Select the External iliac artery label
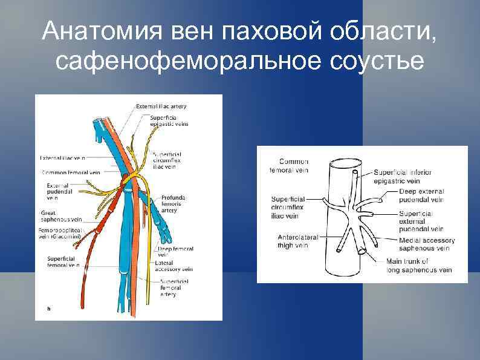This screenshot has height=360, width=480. tap(161, 106)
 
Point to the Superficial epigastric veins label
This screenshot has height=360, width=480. tap(169, 121)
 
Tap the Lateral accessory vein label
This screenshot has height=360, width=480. tap(174, 266)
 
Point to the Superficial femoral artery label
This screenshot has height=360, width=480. tap(175, 288)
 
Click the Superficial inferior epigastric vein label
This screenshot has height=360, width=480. tap(403, 176)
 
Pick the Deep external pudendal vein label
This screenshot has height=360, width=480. tap(421, 195)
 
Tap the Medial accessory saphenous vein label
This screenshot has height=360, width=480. tap(427, 244)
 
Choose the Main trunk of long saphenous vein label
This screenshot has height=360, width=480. tap(418, 265)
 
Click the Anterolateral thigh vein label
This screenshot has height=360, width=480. tap(293, 240)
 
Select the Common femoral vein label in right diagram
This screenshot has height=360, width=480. tap(289, 166)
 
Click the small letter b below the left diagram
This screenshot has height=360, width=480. tap(49, 309)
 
